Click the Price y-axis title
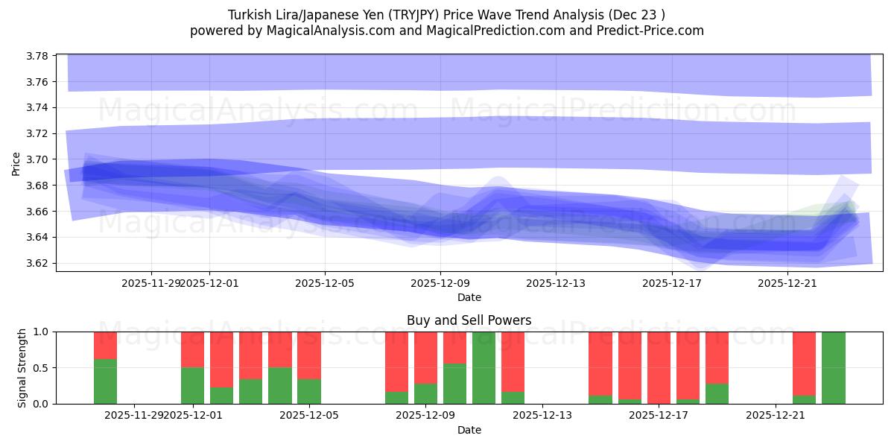click(16, 162)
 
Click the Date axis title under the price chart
click(469, 297)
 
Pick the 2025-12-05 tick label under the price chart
click(325, 283)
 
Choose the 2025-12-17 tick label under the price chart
click(672, 283)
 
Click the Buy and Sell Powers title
click(469, 321)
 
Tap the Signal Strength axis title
click(22, 367)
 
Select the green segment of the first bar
click(105, 381)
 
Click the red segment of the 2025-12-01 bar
click(193, 349)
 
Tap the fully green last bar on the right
click(833, 368)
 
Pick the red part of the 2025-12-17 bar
click(659, 365)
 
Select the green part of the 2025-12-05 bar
click(309, 392)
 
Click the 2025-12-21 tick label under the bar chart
click(776, 415)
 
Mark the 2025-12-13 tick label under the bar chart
click(542, 415)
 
